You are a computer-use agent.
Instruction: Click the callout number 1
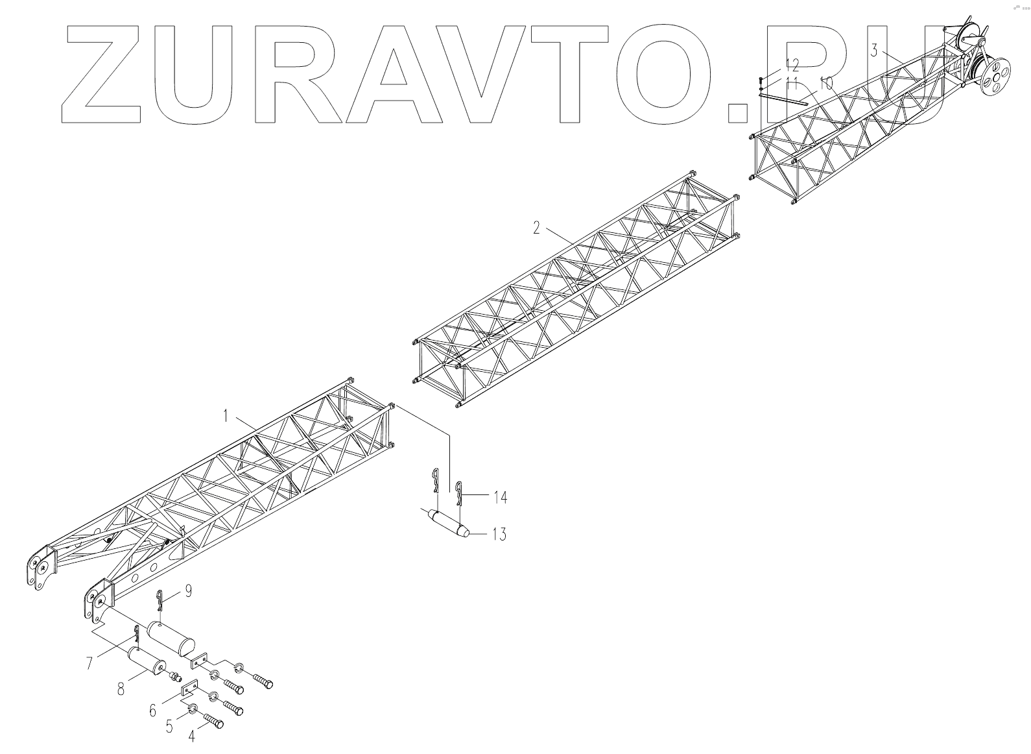(x=226, y=416)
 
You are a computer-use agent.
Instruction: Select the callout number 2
(x=536, y=228)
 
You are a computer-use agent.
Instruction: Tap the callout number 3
(x=874, y=51)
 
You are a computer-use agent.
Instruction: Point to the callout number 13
(x=499, y=535)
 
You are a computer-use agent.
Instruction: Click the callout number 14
(x=499, y=498)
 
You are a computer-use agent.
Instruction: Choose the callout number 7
(x=90, y=663)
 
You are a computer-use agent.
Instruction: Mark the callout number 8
(x=121, y=689)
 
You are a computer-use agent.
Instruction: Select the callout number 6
(x=153, y=711)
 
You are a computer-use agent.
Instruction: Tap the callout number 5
(x=169, y=726)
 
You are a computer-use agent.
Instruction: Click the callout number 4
(x=191, y=736)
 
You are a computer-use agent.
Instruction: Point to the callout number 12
(x=792, y=64)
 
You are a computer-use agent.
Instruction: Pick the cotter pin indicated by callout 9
(x=160, y=601)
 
